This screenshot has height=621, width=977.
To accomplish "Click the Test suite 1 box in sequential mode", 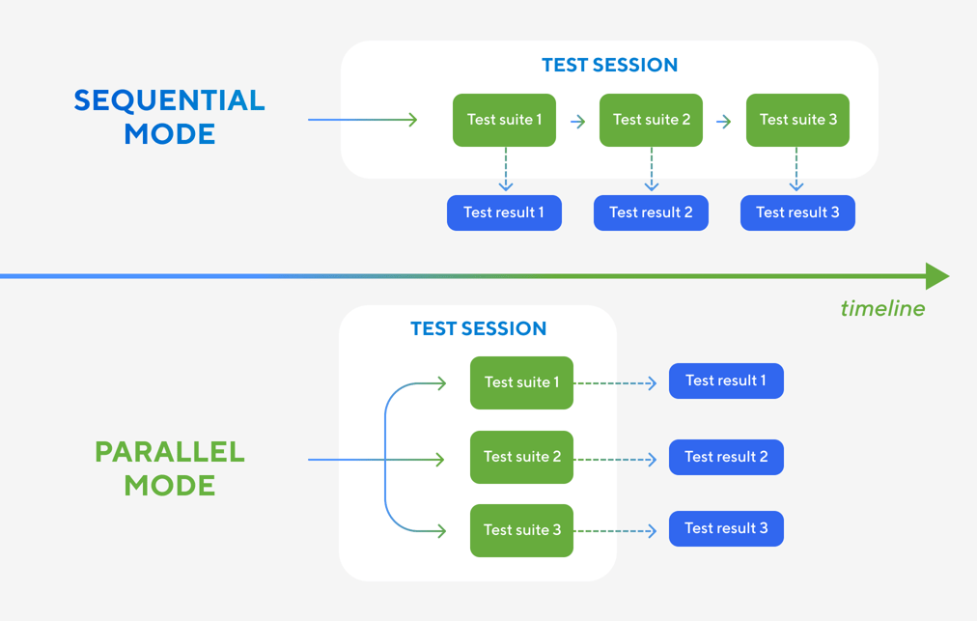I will pyautogui.click(x=504, y=120).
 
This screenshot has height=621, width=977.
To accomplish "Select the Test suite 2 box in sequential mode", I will pyautogui.click(x=651, y=120).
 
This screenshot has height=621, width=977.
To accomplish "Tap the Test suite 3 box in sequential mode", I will pyautogui.click(x=797, y=120).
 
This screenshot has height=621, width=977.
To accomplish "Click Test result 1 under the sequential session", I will pyautogui.click(x=504, y=212).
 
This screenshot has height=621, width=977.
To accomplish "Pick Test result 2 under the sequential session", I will pyautogui.click(x=651, y=212).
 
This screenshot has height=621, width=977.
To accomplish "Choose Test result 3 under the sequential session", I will pyautogui.click(x=797, y=212).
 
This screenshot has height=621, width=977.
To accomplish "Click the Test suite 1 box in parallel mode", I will pyautogui.click(x=521, y=382).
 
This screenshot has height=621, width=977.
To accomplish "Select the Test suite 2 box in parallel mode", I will pyautogui.click(x=521, y=457).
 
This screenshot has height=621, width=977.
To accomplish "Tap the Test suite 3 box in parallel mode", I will pyautogui.click(x=521, y=530).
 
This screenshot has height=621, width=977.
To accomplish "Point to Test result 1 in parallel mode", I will pyautogui.click(x=726, y=381).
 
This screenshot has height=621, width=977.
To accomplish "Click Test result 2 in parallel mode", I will pyautogui.click(x=726, y=457).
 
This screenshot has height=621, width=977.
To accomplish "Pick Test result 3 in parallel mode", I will pyautogui.click(x=726, y=528).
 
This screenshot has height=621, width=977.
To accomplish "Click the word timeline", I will pyautogui.click(x=882, y=309).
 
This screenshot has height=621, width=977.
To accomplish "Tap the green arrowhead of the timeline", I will pyautogui.click(x=936, y=276).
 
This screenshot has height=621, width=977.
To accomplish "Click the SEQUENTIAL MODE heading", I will pyautogui.click(x=170, y=117).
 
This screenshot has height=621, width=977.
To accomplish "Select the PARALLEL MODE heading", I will pyautogui.click(x=170, y=468).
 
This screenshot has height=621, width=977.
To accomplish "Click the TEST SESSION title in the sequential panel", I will pyautogui.click(x=609, y=66).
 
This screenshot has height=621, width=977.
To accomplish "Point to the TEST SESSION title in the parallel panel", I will pyautogui.click(x=478, y=329).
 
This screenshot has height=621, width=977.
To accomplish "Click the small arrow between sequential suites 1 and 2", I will pyautogui.click(x=578, y=122).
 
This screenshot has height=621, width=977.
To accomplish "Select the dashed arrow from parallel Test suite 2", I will pyautogui.click(x=616, y=459).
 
